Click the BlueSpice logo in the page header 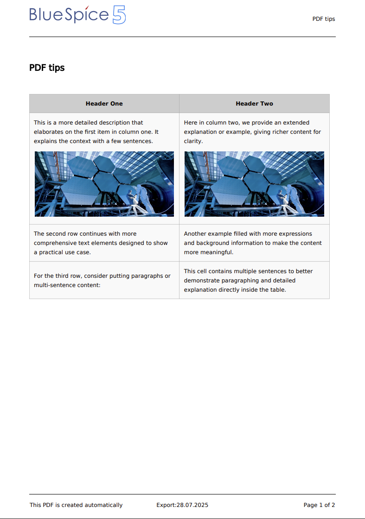[x=77, y=15]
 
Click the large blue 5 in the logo [x=119, y=15]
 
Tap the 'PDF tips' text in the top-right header [x=324, y=19]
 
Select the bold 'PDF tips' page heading [x=47, y=68]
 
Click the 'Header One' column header [x=104, y=104]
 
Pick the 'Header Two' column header [x=254, y=104]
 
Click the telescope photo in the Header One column [x=104, y=184]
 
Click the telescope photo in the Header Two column [x=254, y=184]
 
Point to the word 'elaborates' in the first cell [x=49, y=132]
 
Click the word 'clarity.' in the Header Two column [x=193, y=141]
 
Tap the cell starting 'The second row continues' [x=104, y=243]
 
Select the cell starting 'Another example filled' [x=254, y=243]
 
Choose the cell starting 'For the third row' [x=104, y=281]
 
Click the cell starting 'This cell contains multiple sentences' [x=254, y=281]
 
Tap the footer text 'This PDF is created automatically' [x=76, y=505]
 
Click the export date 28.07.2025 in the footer [x=192, y=505]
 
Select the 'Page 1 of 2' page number [x=319, y=505]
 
